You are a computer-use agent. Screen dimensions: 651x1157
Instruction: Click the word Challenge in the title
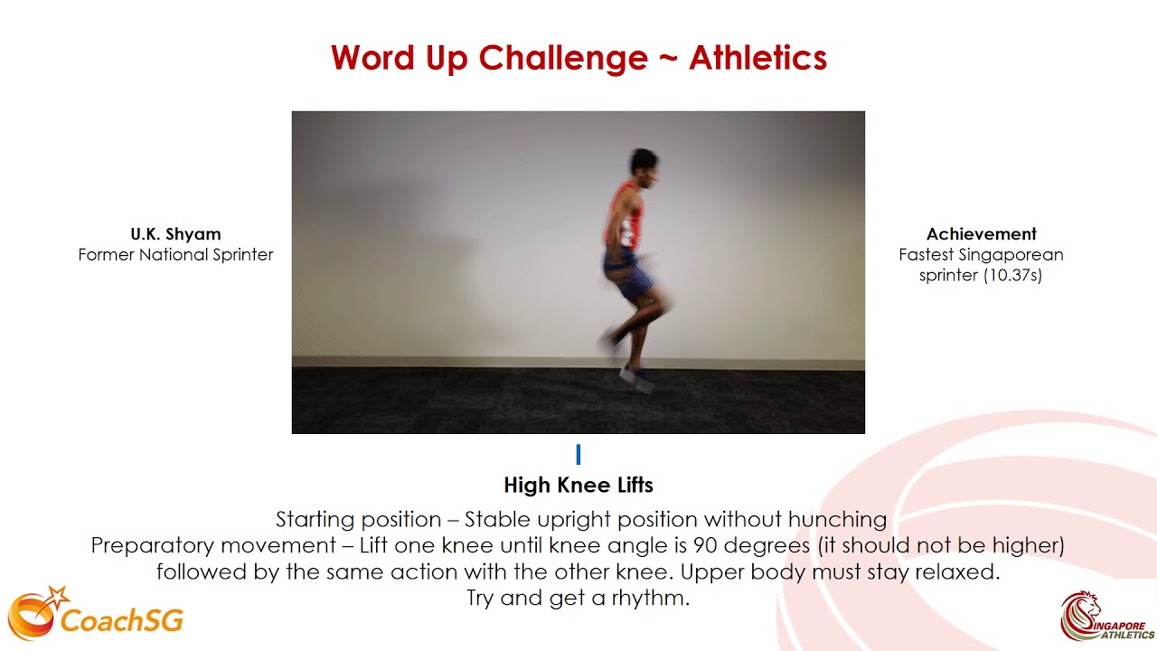tap(562, 59)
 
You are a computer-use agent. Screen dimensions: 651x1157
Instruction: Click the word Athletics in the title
tap(757, 59)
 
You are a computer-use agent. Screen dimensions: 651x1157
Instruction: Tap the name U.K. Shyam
tap(175, 234)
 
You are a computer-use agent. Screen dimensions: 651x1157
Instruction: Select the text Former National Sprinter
tap(175, 255)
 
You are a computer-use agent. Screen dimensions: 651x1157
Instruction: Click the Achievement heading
tap(981, 234)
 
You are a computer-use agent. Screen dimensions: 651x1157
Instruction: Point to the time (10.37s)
tap(1012, 276)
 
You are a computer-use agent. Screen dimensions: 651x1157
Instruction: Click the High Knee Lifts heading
tap(578, 486)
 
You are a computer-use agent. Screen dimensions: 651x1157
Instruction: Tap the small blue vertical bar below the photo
tap(578, 454)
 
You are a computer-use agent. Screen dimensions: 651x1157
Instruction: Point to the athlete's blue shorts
tap(628, 274)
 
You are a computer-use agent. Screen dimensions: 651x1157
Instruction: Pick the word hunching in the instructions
tap(837, 520)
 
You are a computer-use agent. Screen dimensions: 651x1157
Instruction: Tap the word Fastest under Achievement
tap(926, 255)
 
